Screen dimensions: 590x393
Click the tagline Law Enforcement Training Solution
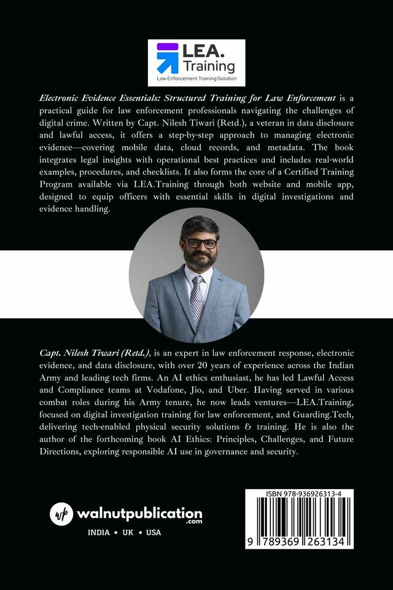[196, 79]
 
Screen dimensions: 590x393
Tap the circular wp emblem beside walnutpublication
[61, 514]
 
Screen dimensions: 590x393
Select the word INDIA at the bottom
[99, 532]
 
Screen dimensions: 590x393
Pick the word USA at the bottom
[154, 532]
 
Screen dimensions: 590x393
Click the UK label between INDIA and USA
[126, 532]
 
